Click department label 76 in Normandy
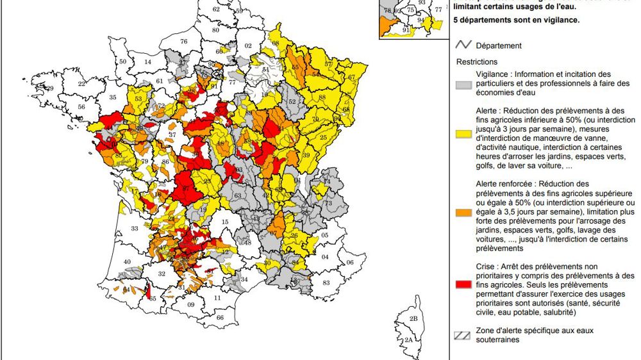coord(184,42)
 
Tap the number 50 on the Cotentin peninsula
coord(123,61)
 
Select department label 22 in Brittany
coord(81,84)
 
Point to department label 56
coord(81,107)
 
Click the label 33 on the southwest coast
coord(134,228)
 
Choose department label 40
coord(127,261)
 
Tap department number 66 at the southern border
coord(220,318)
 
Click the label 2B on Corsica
coord(413,318)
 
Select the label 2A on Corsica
coord(407,340)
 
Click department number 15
coord(224,222)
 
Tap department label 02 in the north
coord(248,46)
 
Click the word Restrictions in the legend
coord(477,62)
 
